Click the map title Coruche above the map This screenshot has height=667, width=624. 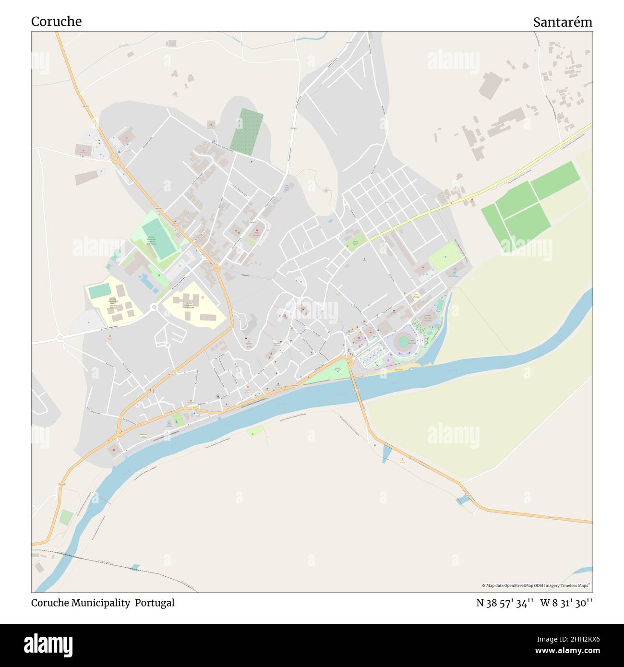56,22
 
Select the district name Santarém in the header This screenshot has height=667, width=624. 562,22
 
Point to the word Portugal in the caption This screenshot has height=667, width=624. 155,603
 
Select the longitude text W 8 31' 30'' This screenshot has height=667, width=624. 566,603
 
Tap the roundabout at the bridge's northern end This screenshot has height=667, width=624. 350,361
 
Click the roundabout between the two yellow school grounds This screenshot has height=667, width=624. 154,307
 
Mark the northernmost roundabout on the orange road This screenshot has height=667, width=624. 115,158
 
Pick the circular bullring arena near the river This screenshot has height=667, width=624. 404,342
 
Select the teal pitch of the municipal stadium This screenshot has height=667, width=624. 159,238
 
